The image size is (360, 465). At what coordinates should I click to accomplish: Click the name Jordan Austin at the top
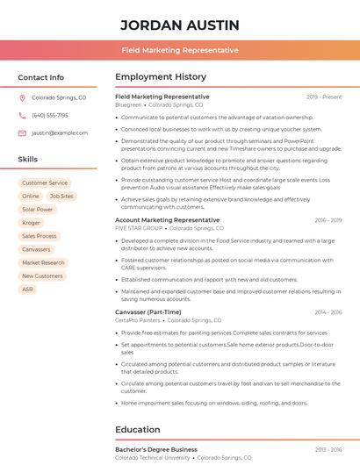179,25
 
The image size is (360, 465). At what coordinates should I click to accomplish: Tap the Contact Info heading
40,77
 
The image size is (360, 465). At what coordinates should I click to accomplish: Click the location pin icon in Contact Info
22,98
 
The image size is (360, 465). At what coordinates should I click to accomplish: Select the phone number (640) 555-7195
50,116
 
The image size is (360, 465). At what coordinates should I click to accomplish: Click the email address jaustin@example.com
60,133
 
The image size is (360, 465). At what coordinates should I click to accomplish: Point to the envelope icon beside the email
22,133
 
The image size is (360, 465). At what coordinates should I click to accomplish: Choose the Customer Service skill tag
45,182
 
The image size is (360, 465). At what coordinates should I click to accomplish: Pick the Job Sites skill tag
61,197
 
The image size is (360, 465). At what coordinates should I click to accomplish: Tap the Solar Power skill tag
38,210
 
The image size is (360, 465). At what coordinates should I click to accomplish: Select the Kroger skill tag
31,223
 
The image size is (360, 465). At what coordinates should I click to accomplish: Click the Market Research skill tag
43,262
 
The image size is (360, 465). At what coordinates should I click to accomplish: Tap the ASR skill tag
28,289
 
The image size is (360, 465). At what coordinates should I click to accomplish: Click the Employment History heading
160,77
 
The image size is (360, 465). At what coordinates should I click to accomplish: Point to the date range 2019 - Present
324,97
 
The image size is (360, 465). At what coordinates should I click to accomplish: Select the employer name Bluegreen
128,104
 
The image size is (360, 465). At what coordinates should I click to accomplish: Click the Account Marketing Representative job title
167,220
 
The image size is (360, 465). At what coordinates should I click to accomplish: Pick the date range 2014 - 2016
328,312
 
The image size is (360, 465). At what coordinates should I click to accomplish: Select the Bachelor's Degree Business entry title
156,449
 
